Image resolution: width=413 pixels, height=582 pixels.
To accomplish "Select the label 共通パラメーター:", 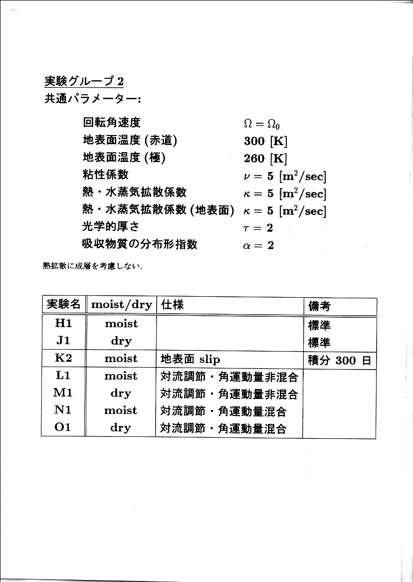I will coord(93,99).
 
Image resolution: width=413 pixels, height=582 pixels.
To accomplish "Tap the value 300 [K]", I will coord(265,141).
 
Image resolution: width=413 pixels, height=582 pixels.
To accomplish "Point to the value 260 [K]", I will coord(265,159).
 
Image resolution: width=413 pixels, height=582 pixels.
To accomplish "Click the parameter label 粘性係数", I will coord(105,175).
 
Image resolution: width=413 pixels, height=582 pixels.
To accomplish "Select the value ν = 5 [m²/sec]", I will coord(284,177).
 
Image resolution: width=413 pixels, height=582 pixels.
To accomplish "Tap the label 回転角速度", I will coord(111,123).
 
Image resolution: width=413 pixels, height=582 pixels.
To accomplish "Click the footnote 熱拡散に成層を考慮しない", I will coord(93,266).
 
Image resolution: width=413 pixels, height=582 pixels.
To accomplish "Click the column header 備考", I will coord(319,306).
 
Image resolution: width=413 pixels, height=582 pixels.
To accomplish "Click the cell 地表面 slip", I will coord(190,359).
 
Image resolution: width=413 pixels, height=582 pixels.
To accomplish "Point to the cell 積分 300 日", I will coord(339,360).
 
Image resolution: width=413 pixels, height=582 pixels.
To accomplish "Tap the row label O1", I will coord(63,427).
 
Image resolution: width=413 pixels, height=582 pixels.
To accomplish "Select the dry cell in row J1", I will coord(121,342).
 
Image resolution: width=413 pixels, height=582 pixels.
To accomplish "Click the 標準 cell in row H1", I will coord(319,326).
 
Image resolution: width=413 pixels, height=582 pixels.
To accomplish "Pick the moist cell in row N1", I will coord(121,410).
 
